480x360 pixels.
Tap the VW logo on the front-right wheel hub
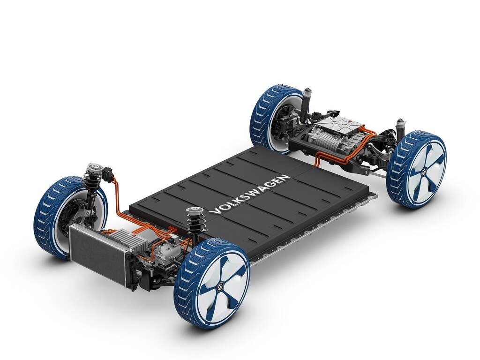[x=220, y=287]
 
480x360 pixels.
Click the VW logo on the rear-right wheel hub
[x=425, y=172]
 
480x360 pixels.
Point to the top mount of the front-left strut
[x=94, y=167]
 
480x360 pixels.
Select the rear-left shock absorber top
[x=307, y=92]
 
